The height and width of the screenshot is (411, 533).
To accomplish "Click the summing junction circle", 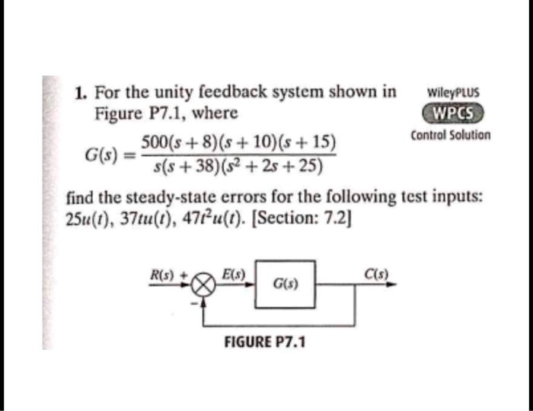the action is (203, 285).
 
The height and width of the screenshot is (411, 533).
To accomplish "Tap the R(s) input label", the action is (162, 275).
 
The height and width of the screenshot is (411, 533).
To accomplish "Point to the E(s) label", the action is (233, 274).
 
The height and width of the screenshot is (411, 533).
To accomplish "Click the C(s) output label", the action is (376, 274).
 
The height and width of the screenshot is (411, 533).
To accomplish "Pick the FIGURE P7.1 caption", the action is (264, 342).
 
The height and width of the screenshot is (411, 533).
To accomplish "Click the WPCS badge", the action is (453, 113).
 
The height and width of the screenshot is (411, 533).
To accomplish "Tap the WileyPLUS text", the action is (453, 92).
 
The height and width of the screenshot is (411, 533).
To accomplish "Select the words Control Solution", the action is (451, 135).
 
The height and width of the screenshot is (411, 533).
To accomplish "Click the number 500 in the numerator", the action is (152, 142).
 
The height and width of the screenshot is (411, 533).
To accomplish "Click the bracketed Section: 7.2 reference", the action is (302, 219).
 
